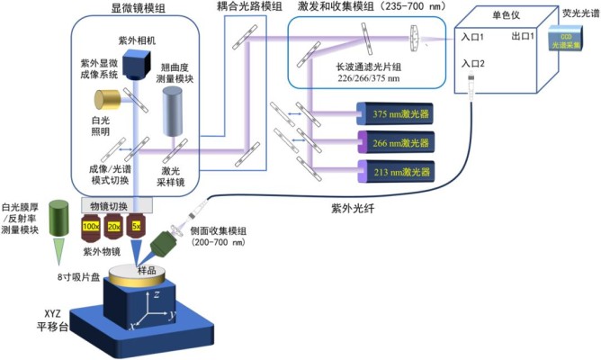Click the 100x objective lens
(92, 228)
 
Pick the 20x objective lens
(115, 228)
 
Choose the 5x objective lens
(137, 228)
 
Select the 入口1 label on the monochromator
(473, 38)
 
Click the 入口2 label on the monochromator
(473, 65)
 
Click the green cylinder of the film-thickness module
(62, 215)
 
